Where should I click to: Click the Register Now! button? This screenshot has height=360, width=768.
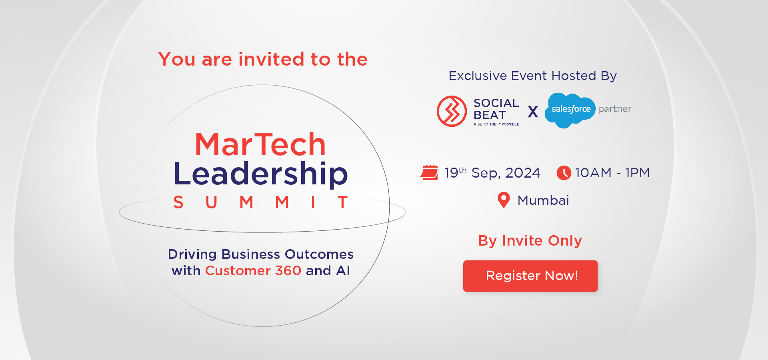530,276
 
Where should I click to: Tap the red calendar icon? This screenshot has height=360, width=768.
429,173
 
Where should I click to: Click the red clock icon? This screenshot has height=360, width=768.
564,173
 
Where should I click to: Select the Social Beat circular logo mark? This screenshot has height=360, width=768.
452,111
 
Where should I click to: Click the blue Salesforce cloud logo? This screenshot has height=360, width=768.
570,110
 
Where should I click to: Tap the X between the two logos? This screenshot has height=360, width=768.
533,112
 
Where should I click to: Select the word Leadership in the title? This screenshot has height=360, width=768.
261,174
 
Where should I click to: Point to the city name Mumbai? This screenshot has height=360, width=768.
543,200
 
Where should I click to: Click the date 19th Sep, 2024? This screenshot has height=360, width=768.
492,173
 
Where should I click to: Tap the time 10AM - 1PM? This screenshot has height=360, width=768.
612,173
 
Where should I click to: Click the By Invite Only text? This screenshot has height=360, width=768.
530,241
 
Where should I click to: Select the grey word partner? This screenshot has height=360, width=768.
615,109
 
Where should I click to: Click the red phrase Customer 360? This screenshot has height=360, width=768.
253,271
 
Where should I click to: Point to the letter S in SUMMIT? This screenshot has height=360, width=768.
178,202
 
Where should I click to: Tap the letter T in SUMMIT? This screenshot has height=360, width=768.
342,202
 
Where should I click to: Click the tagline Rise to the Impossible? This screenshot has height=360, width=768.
496,124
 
